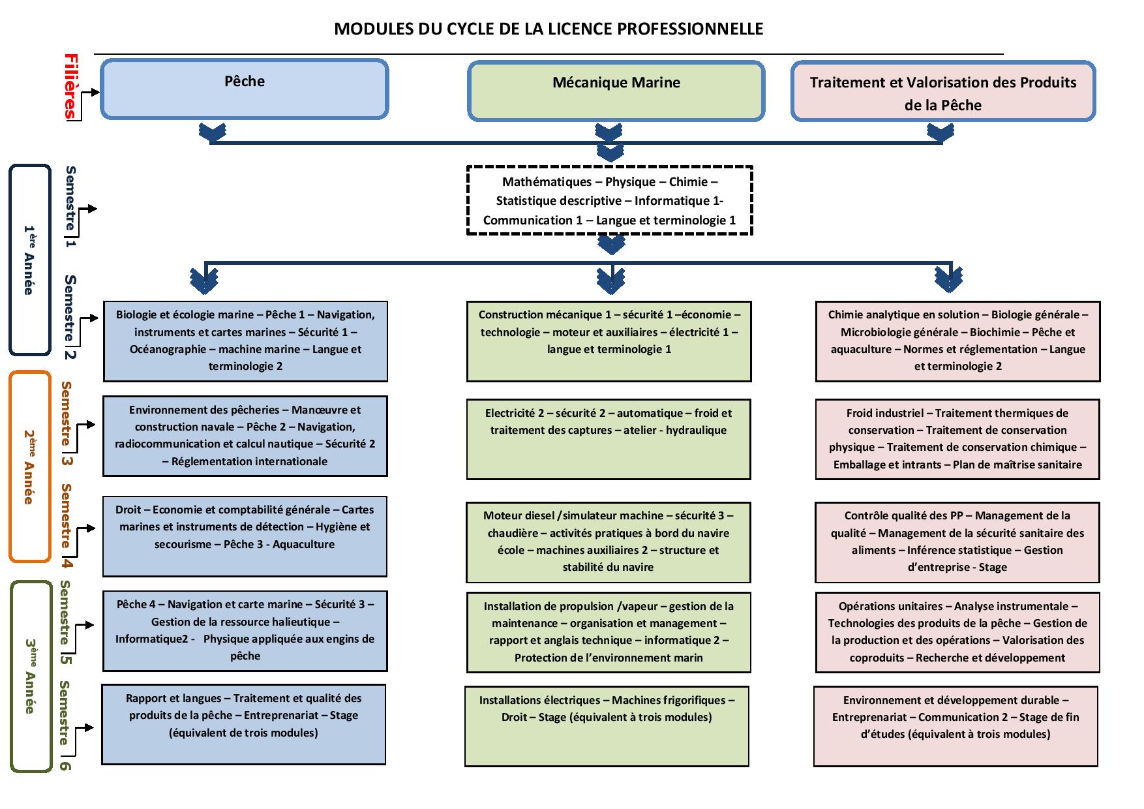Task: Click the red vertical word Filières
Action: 70,87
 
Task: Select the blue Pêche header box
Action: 245,89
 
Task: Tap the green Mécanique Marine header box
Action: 616,91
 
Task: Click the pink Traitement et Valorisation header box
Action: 943,91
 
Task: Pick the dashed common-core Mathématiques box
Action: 610,200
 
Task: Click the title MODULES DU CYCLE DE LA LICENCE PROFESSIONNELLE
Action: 549,29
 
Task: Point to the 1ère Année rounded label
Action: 29,260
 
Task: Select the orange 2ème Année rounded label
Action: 29,466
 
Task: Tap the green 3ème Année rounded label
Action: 31,677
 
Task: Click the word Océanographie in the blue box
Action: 168,349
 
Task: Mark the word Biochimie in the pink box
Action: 995,332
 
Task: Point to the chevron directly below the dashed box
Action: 611,245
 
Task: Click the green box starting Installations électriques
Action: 607,726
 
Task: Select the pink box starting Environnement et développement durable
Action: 956,726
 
